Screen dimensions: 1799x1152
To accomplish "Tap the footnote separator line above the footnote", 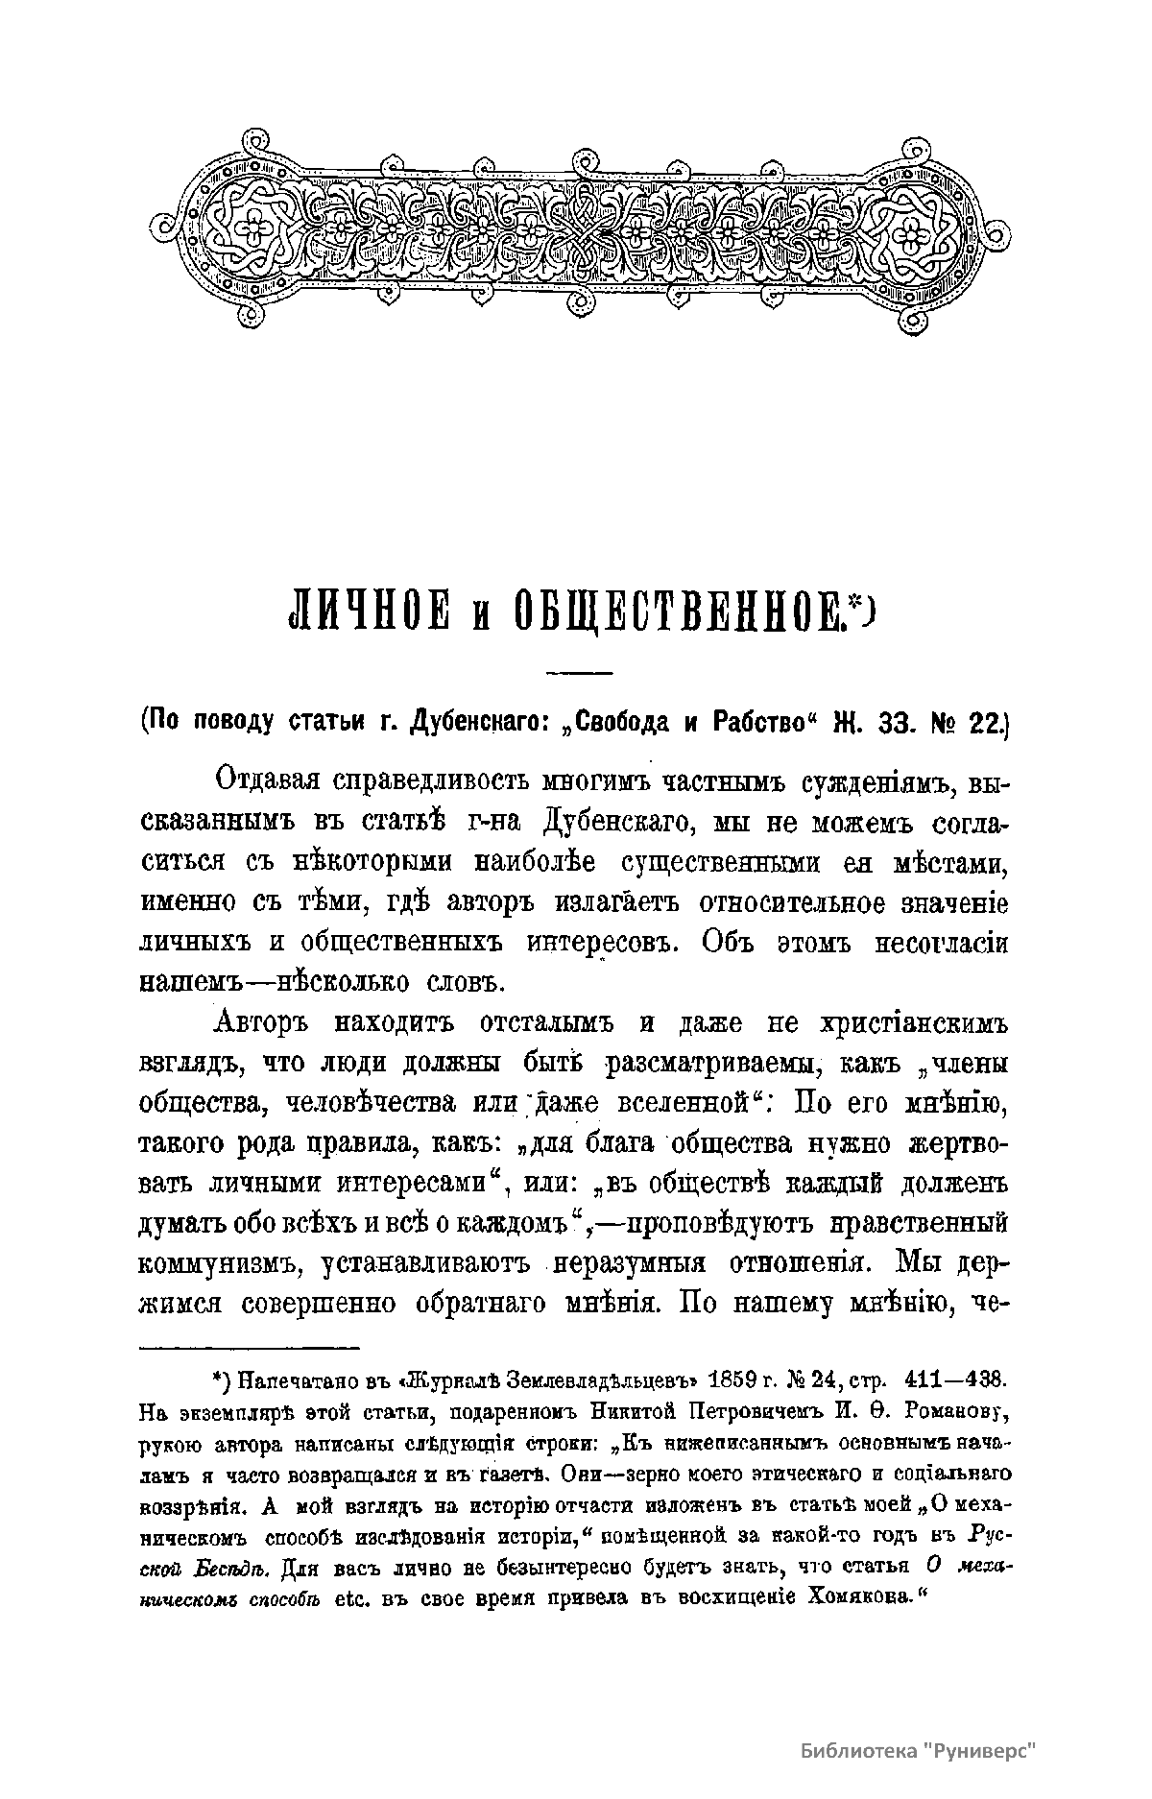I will tap(249, 1347).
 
